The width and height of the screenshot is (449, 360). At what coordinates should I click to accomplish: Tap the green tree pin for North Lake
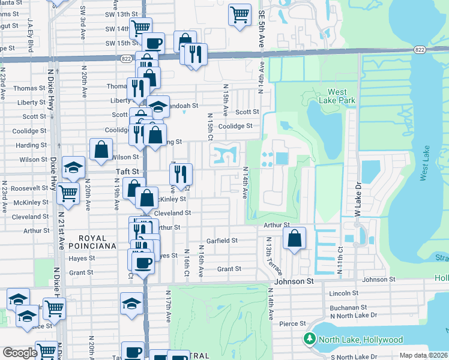click(310, 340)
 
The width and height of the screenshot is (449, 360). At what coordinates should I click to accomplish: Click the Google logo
click(19, 353)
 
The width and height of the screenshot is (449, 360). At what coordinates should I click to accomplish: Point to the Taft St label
click(127, 171)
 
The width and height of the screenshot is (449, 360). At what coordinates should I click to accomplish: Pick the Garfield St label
click(222, 241)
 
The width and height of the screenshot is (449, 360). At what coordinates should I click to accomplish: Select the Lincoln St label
click(344, 293)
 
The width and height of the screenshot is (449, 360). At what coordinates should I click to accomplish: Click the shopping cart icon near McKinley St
click(68, 193)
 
